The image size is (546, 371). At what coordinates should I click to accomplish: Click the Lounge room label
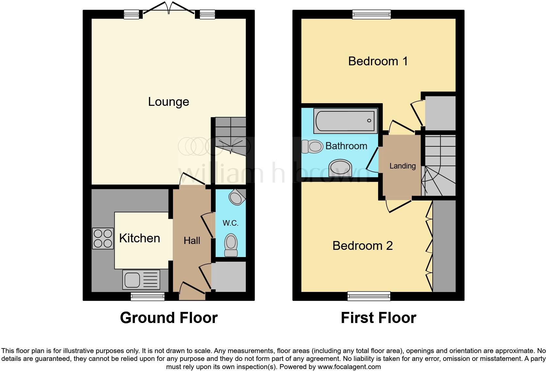pyautogui.click(x=169, y=102)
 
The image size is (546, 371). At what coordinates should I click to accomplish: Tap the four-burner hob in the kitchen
pyautogui.click(x=103, y=238)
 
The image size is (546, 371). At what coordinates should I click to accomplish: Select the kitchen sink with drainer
pyautogui.click(x=141, y=280)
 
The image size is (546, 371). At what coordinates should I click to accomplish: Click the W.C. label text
pyautogui.click(x=230, y=223)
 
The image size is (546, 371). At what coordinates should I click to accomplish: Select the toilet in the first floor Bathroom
pyautogui.click(x=312, y=146)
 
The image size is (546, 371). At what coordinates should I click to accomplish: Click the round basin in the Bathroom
pyautogui.click(x=340, y=168)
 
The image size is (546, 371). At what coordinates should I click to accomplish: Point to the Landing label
pyautogui.click(x=402, y=166)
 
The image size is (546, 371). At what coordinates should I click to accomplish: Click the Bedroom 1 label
pyautogui.click(x=378, y=61)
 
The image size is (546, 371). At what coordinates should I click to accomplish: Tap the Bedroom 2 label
pyautogui.click(x=362, y=246)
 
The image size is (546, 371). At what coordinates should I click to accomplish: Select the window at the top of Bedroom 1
pyautogui.click(x=372, y=14)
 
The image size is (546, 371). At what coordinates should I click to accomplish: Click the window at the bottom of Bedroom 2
pyautogui.click(x=369, y=296)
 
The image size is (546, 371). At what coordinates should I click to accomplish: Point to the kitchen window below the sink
pyautogui.click(x=148, y=296)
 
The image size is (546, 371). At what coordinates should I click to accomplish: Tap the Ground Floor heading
pyautogui.click(x=169, y=318)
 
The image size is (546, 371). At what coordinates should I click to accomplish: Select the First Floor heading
pyautogui.click(x=378, y=318)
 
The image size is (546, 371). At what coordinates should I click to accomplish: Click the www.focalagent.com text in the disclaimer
pyautogui.click(x=349, y=367)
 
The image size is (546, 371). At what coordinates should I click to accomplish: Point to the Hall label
pyautogui.click(x=192, y=241)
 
